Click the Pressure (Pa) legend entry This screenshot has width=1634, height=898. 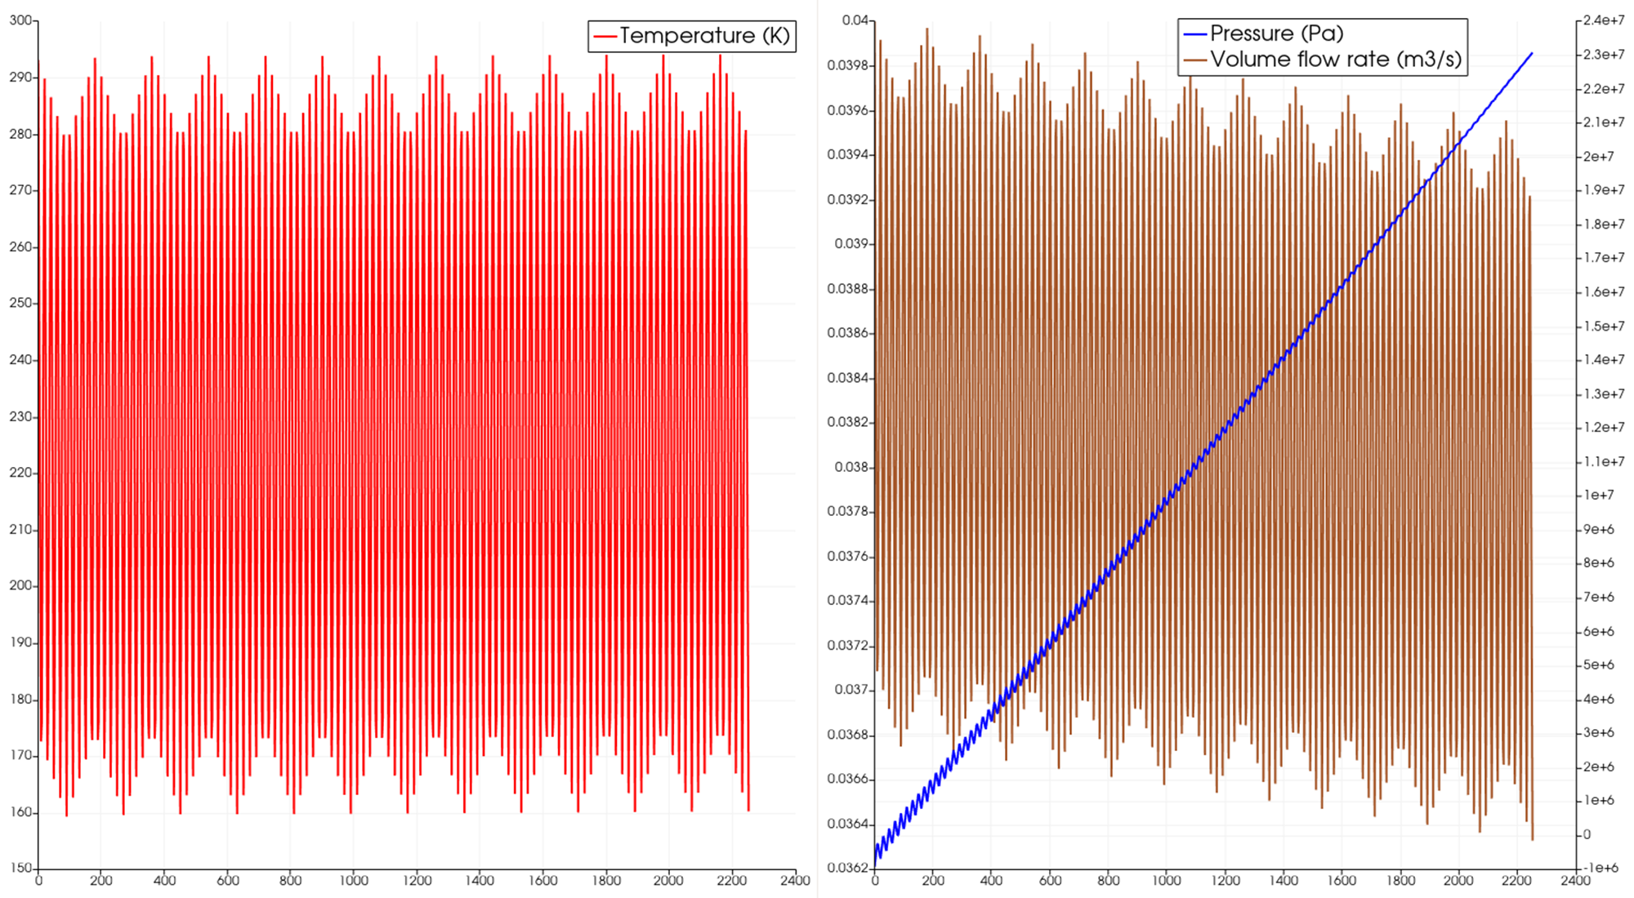tap(1275, 33)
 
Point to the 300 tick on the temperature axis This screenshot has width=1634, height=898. tap(20, 20)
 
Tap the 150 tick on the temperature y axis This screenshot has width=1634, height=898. tap(20, 868)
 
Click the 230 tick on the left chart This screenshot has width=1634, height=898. tap(20, 416)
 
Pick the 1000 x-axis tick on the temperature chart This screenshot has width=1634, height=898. tap(353, 881)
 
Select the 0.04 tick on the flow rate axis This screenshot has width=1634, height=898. tap(856, 20)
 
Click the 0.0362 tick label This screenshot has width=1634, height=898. tap(848, 868)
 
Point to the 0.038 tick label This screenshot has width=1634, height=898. tap(851, 468)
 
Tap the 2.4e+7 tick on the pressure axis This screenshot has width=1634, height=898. tap(1603, 20)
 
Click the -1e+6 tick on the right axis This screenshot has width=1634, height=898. tap(1601, 868)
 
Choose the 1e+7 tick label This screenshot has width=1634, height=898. tap(1598, 496)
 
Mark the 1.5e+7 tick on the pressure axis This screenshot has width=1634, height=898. tap(1603, 326)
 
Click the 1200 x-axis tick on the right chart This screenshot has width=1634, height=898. tap(1225, 881)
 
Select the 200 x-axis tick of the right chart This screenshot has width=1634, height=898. tap(933, 881)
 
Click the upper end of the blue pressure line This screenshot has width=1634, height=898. tap(1532, 54)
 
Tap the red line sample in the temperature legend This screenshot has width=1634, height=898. tap(605, 37)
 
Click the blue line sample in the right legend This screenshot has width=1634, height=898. tap(1194, 34)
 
